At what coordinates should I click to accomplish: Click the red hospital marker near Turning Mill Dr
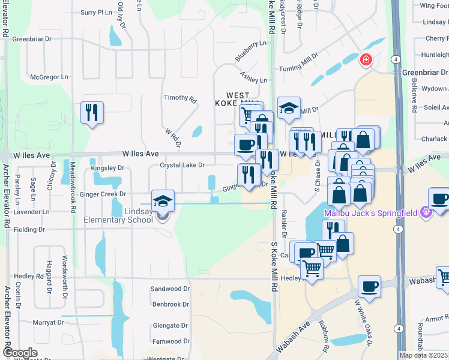click(x=366, y=60)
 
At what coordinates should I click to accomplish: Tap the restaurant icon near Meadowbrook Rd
click(x=92, y=112)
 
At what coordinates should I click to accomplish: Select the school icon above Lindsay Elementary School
click(x=163, y=202)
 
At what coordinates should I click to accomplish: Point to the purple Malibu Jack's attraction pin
click(x=426, y=212)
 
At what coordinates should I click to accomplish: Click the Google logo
click(x=20, y=353)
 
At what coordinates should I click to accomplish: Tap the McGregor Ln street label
click(x=49, y=77)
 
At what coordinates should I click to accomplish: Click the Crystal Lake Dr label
click(x=182, y=165)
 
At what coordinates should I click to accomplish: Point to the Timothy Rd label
click(x=180, y=98)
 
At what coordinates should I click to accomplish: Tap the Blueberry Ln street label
click(x=250, y=50)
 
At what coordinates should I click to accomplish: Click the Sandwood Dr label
click(x=170, y=289)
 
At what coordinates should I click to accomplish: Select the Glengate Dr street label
click(x=170, y=326)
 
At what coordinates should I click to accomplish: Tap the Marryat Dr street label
click(x=49, y=322)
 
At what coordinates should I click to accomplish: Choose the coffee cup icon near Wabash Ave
click(x=369, y=287)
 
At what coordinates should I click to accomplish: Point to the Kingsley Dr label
click(x=107, y=168)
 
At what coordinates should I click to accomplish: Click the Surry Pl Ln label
click(x=97, y=12)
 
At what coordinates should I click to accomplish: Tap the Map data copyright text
click(x=423, y=355)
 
